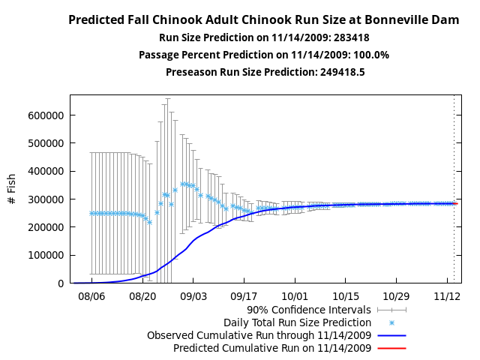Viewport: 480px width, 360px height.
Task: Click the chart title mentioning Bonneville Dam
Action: [x=263, y=20]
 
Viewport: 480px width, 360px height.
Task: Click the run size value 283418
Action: [x=352, y=37]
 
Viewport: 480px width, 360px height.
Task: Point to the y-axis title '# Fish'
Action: [x=12, y=189]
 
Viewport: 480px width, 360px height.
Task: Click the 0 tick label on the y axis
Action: [x=61, y=283]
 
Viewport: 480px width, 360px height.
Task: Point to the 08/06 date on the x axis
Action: [x=91, y=296]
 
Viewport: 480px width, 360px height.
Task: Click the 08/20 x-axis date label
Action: [x=142, y=296]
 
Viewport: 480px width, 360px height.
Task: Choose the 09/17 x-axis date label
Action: [x=244, y=296]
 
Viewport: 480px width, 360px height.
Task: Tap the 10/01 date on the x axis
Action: [x=295, y=296]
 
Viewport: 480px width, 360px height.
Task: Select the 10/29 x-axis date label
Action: [x=396, y=296]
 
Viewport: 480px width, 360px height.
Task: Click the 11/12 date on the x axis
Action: [x=447, y=296]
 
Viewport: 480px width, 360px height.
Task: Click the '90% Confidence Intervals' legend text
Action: [x=309, y=309]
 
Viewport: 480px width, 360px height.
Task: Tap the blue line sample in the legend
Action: [x=391, y=335]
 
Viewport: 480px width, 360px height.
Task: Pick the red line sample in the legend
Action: [x=391, y=348]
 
